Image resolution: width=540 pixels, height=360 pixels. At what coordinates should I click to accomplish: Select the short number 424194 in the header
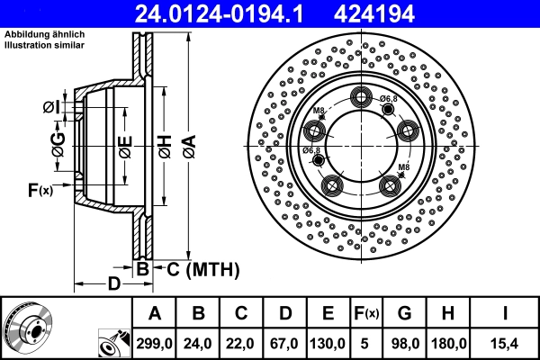tap(415, 13)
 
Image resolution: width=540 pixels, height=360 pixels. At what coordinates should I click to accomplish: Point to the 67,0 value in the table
tap(286, 342)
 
